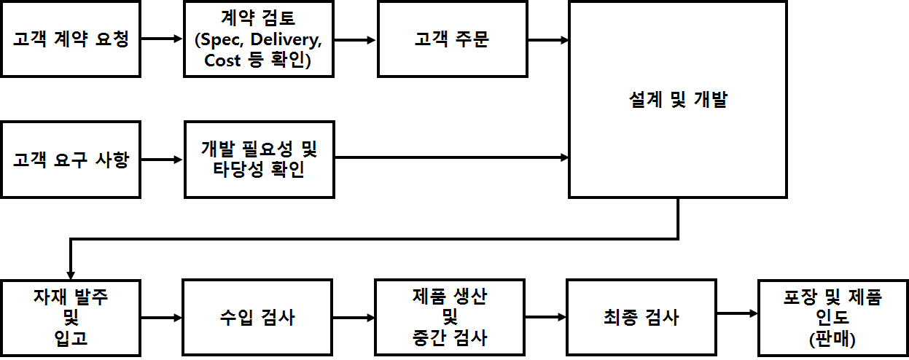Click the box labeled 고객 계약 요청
[70, 39]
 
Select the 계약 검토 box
[260, 39]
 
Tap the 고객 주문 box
[452, 39]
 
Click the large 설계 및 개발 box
[678, 100]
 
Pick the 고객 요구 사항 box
[70, 160]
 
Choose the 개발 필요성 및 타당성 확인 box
[260, 160]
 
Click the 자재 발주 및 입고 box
[70, 317]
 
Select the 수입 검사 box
[258, 317]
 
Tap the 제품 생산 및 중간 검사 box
[450, 317]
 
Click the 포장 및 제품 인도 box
[832, 317]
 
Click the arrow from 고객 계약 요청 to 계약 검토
[162, 39]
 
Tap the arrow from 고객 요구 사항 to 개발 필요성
[162, 160]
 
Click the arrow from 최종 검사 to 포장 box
[737, 314]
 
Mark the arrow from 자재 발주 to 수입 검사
[162, 317]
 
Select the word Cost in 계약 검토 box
[222, 60]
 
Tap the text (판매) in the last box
[832, 339]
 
